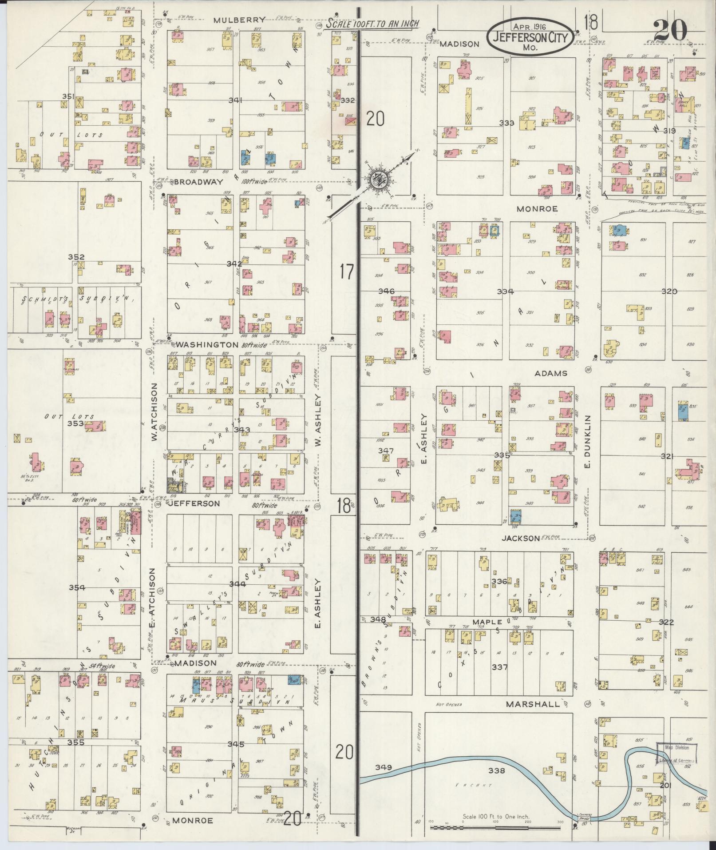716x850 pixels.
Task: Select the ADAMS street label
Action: [551, 373]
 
